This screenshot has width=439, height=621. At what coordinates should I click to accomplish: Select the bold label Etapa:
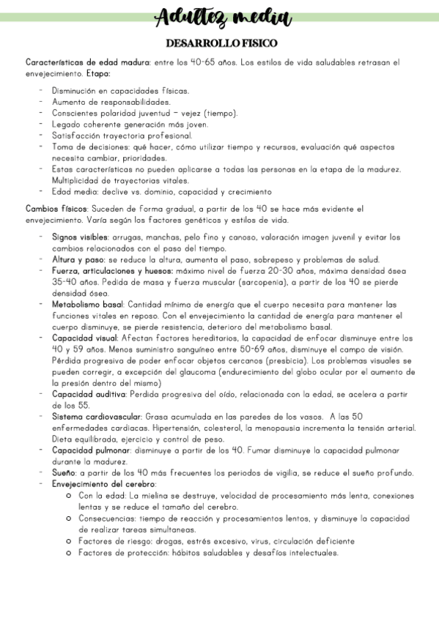[x=98, y=73]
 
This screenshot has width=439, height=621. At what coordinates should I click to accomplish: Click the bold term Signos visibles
[x=80, y=237]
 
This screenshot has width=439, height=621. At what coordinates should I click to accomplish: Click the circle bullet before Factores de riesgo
[x=68, y=541]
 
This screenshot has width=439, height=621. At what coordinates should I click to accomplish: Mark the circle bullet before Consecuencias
[x=68, y=518]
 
